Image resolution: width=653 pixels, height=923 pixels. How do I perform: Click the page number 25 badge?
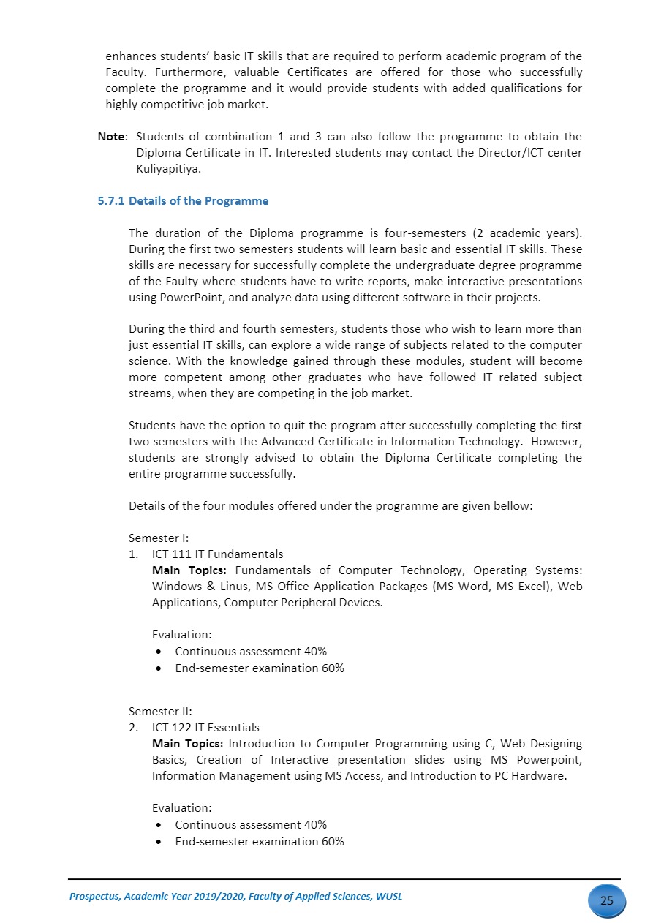(606, 900)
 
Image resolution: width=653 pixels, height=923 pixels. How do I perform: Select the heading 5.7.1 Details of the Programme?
(183, 201)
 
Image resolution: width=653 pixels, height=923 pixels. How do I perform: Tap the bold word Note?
(112, 137)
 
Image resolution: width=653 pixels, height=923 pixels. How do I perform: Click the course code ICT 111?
(173, 554)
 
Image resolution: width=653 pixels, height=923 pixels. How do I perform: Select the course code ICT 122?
(173, 727)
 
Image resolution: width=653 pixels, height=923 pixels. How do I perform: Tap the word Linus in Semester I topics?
(231, 587)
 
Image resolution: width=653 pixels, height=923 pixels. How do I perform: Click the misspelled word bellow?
(514, 505)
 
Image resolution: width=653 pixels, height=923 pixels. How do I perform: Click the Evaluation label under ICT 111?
(181, 635)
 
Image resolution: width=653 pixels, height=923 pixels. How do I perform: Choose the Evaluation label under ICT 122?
(181, 808)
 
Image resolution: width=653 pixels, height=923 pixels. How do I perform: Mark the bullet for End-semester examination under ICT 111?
(159, 668)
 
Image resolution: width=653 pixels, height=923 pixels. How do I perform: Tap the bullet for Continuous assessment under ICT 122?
(159, 825)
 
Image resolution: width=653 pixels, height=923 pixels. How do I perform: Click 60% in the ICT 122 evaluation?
(333, 841)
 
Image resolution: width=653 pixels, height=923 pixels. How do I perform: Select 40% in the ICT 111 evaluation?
(315, 651)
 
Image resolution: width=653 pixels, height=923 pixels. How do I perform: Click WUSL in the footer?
(388, 897)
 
